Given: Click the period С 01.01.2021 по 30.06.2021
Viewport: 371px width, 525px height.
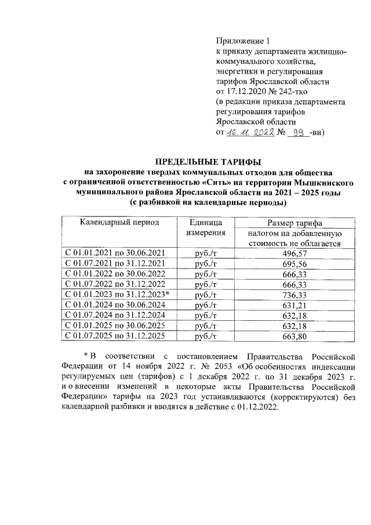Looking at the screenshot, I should (x=116, y=253).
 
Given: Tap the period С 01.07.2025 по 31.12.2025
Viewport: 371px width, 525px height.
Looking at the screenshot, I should (x=116, y=336).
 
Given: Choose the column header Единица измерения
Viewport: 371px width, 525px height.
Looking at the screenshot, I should (x=205, y=228).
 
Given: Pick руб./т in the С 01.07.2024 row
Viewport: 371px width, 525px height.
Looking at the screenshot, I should (x=205, y=316).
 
